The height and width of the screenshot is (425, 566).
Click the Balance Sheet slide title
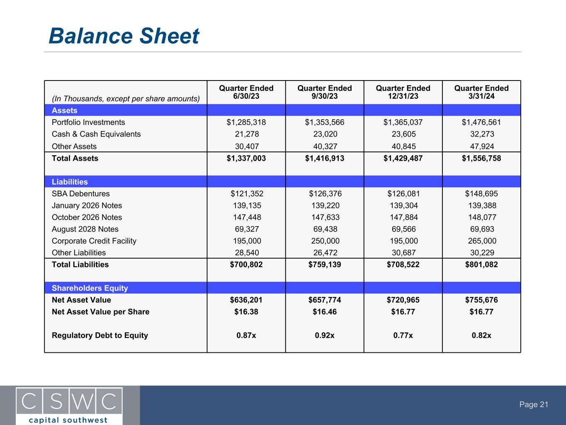pyautogui.click(x=124, y=36)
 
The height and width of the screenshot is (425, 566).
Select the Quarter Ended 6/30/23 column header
pyautogui.click(x=246, y=92)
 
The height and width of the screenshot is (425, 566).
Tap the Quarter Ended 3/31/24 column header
pyautogui.click(x=481, y=92)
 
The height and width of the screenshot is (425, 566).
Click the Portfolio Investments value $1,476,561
pyautogui.click(x=481, y=122)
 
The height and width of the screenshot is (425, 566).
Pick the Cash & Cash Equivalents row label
pyautogui.click(x=96, y=134)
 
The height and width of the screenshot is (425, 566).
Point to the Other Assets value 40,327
pyautogui.click(x=325, y=147)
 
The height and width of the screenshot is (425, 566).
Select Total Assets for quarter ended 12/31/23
pyautogui.click(x=403, y=158)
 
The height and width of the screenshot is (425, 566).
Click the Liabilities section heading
pyautogui.click(x=70, y=182)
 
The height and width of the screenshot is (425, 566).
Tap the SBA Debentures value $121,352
pyautogui.click(x=246, y=194)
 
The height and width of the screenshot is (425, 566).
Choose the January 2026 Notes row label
pyautogui.click(x=87, y=205)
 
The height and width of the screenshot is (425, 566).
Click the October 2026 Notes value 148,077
pyautogui.click(x=481, y=217)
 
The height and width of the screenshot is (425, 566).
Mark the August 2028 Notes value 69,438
pyautogui.click(x=325, y=229)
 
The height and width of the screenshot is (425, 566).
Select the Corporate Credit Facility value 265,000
pyautogui.click(x=481, y=241)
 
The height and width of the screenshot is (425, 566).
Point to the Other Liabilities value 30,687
pyautogui.click(x=403, y=253)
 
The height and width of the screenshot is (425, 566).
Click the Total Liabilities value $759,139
pyautogui.click(x=325, y=265)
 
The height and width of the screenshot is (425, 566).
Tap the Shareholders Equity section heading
pyautogui.click(x=90, y=288)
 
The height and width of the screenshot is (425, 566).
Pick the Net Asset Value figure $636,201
pyautogui.click(x=246, y=300)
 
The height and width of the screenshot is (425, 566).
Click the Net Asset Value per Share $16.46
pyautogui.click(x=325, y=312)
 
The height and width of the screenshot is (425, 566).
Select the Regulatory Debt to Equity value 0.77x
pyautogui.click(x=403, y=335)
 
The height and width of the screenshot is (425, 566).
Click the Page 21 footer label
pyautogui.click(x=534, y=405)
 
